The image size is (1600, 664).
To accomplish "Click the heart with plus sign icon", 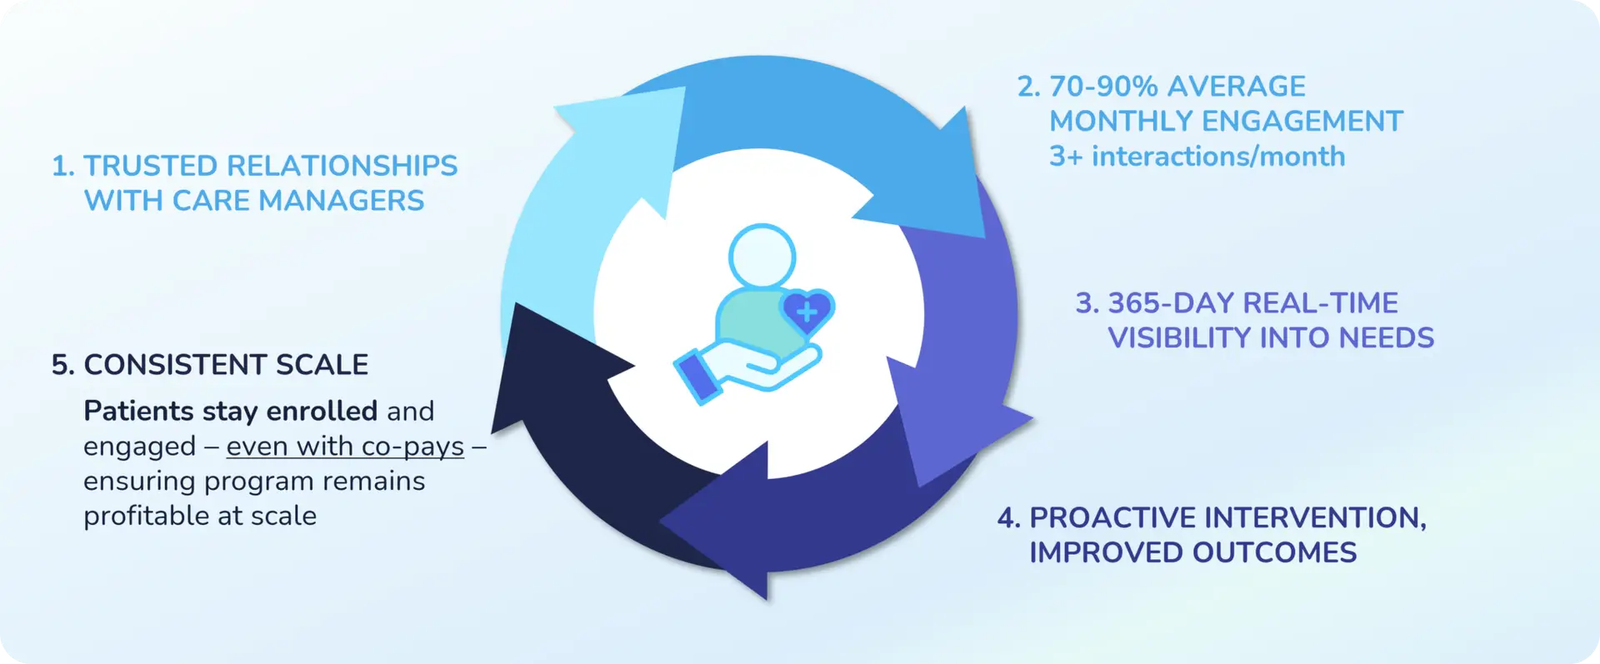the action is point(807,312).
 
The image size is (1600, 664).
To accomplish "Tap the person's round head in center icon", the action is point(762,257).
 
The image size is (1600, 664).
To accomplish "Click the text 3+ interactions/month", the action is point(1197,157).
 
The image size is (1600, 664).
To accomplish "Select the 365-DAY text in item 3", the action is point(1160,303).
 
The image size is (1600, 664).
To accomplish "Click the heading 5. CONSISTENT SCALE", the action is point(210,365).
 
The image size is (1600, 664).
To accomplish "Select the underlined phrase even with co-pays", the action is point(345,447).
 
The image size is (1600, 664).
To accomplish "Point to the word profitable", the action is point(147,517).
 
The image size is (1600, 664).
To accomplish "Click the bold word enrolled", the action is point(322,411).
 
